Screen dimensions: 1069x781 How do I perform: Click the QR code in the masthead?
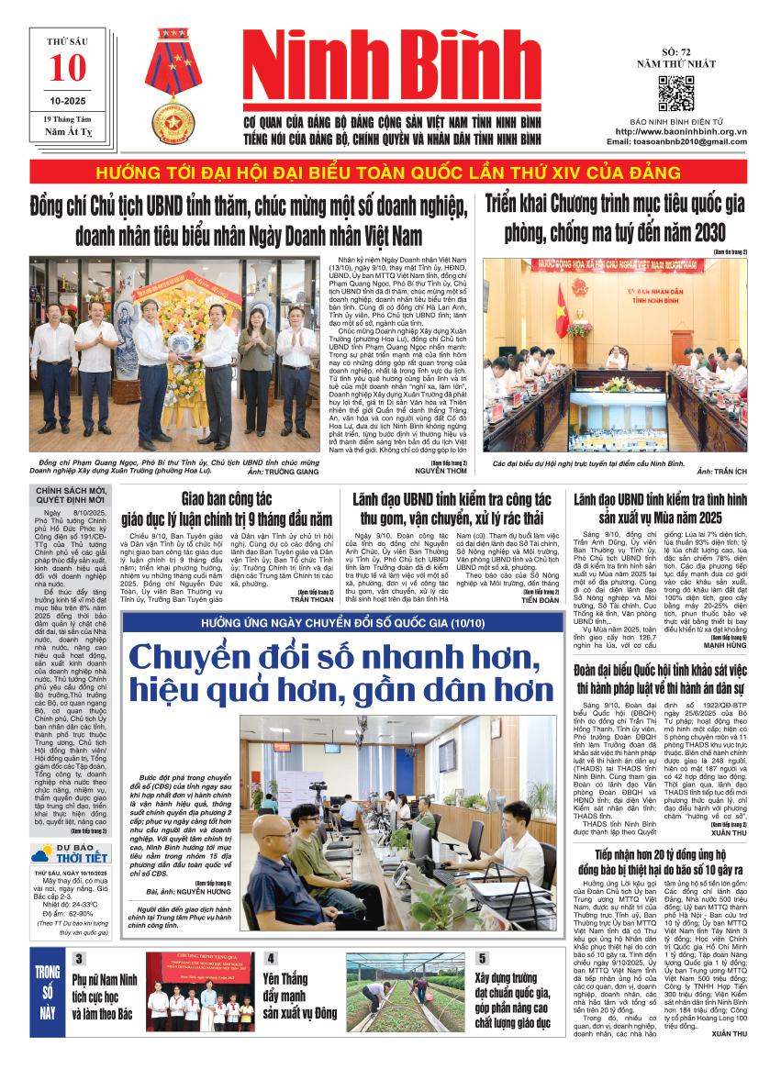tap(675, 95)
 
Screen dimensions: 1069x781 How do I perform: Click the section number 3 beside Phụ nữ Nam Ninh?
tap(80, 958)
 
